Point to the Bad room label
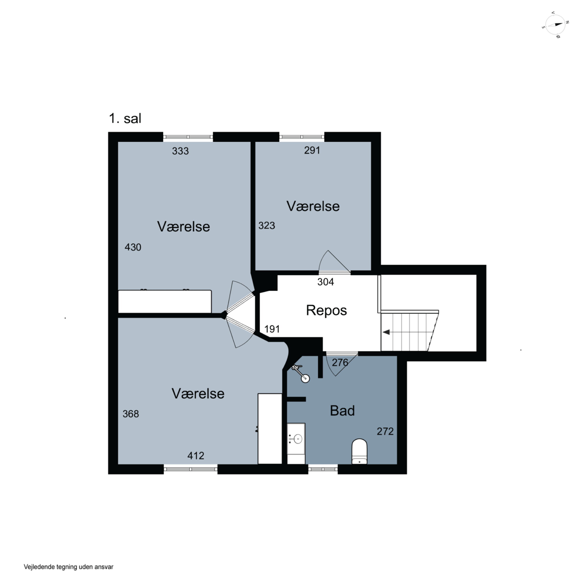click(342, 411)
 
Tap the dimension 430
click(133, 247)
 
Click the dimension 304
click(325, 282)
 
